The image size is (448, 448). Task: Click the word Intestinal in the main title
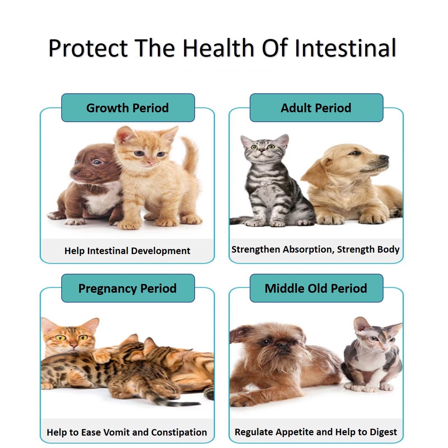click(345, 48)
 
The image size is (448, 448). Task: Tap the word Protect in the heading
click(88, 48)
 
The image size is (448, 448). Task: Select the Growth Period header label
click(128, 108)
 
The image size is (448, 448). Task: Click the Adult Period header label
click(316, 108)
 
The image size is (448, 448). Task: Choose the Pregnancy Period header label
click(128, 288)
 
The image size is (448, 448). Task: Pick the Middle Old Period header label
click(316, 288)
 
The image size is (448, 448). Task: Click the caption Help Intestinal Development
click(127, 251)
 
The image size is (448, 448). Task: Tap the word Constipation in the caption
click(179, 432)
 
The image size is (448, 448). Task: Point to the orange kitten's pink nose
click(150, 163)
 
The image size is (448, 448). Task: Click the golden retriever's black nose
click(384, 158)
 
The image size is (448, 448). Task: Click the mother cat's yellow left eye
click(60, 338)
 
